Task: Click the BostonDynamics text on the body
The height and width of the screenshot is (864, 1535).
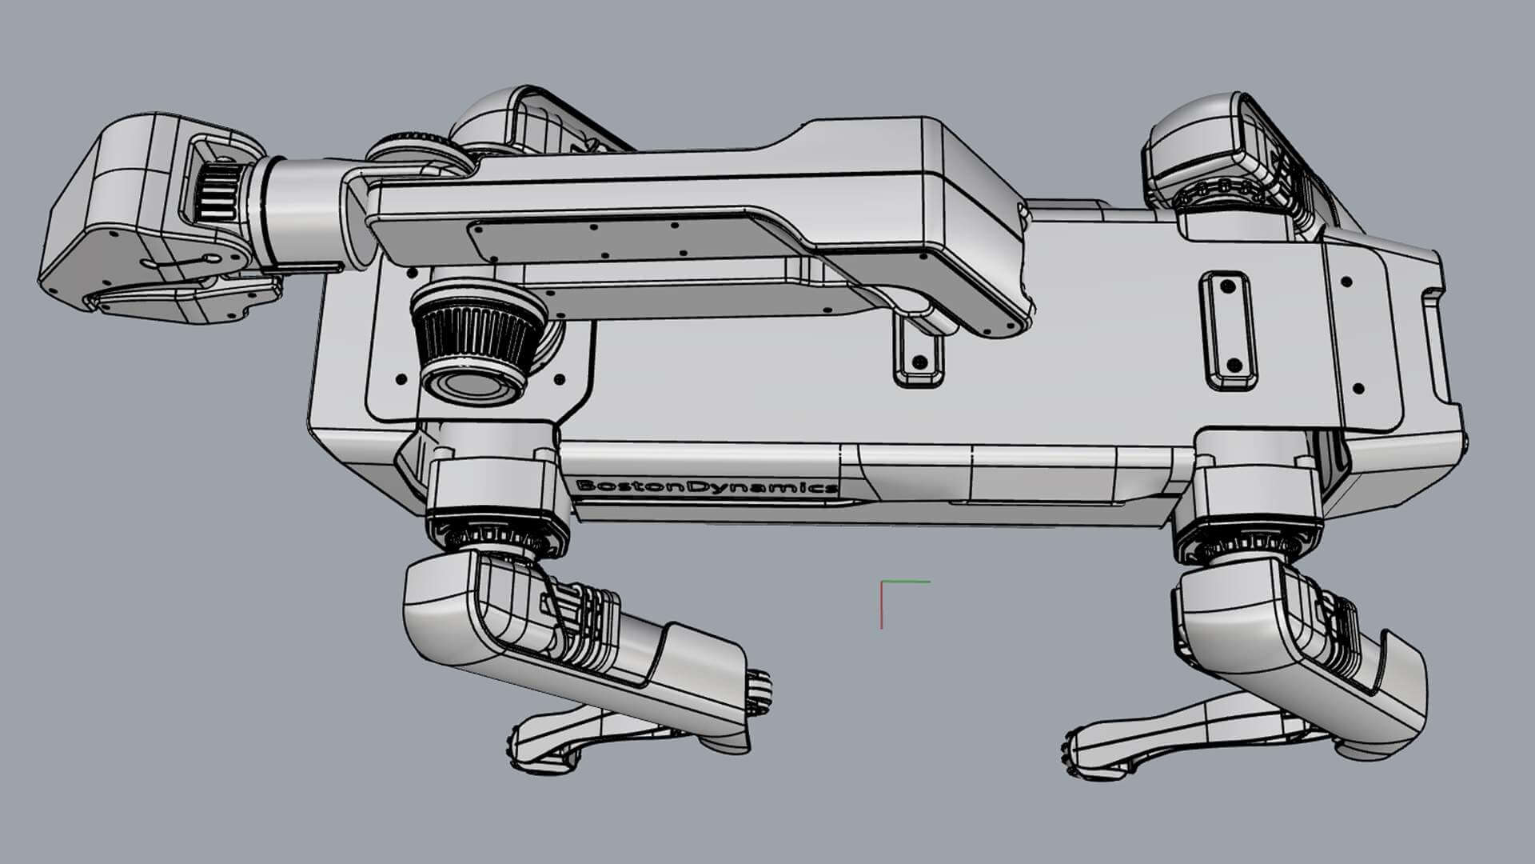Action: pyautogui.click(x=707, y=486)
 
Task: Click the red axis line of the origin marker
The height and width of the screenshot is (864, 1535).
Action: pyautogui.click(x=882, y=606)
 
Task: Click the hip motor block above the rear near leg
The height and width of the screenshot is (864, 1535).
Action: pyautogui.click(x=1255, y=488)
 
